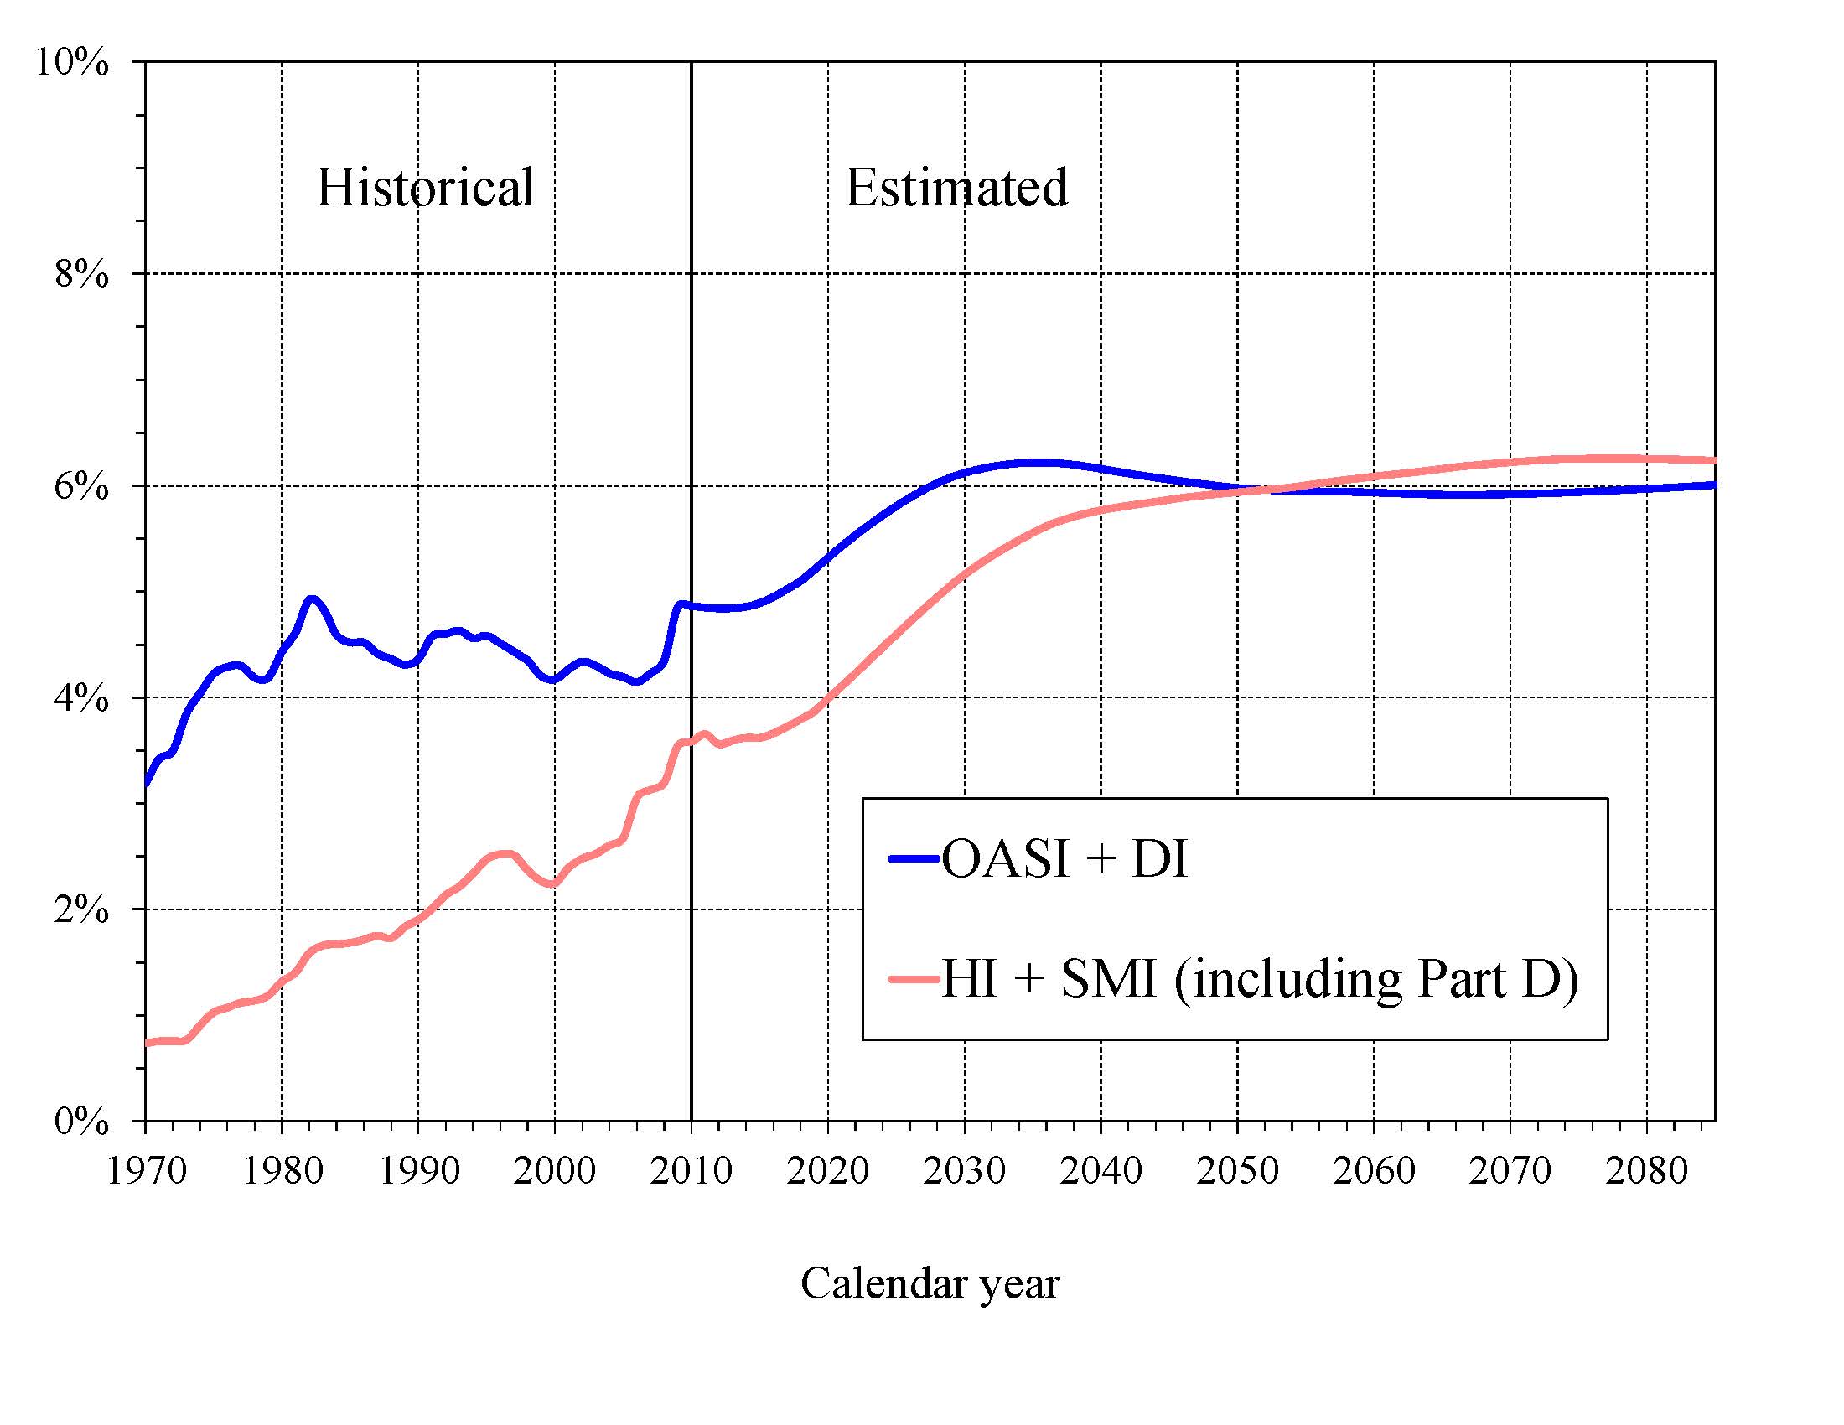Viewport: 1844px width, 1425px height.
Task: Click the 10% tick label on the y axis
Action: coord(72,63)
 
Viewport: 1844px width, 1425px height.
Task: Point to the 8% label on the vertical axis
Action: coord(81,274)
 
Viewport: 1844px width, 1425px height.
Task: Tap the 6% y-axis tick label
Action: coord(81,486)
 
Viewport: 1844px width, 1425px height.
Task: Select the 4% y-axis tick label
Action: coord(81,698)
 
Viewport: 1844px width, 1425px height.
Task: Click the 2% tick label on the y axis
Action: coord(81,910)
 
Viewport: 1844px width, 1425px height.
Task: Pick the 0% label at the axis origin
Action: coord(81,1122)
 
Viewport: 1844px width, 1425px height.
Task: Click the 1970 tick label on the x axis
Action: coord(146,1170)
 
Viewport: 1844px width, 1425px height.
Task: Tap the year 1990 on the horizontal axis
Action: coord(419,1170)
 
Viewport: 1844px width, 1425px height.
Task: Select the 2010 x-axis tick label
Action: coord(691,1170)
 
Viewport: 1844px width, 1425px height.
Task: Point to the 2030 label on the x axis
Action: coord(964,1170)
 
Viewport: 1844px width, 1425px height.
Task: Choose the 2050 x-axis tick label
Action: coord(1238,1170)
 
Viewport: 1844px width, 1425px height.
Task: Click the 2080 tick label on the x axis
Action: coord(1646,1170)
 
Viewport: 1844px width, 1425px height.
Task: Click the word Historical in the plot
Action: coord(425,187)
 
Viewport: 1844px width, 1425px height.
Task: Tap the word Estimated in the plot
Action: coord(956,187)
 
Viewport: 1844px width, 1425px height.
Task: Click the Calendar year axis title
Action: coord(930,1284)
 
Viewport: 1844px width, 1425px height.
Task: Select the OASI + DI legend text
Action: coord(1064,859)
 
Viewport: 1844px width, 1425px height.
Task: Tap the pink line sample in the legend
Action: coord(914,979)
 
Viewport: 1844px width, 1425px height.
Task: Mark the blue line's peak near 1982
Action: coord(312,599)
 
